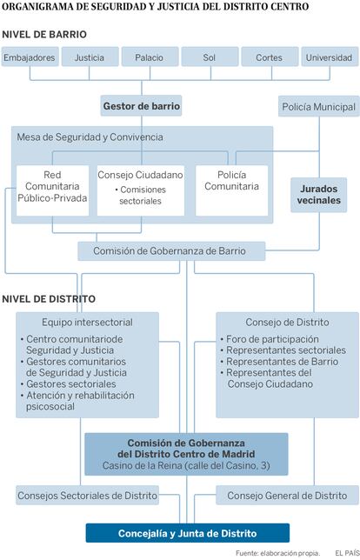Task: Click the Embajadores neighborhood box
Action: [30, 57]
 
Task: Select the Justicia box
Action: [90, 57]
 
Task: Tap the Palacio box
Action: [150, 57]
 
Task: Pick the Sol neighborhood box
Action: [210, 57]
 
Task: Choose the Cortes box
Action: [270, 57]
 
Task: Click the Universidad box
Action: [330, 57]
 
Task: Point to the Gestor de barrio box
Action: [141, 106]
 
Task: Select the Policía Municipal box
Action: [319, 106]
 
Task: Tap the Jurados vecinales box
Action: [318, 195]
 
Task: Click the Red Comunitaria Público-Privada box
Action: [52, 190]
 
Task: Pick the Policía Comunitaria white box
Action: [232, 190]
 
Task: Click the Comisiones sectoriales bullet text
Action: [140, 195]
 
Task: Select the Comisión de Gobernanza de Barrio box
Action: [171, 251]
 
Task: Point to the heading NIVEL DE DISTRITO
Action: [49, 299]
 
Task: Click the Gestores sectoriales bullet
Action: [68, 384]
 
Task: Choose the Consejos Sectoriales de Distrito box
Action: [88, 496]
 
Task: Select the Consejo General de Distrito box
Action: [287, 496]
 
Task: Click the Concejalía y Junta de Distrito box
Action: [188, 533]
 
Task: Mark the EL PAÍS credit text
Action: [347, 553]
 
